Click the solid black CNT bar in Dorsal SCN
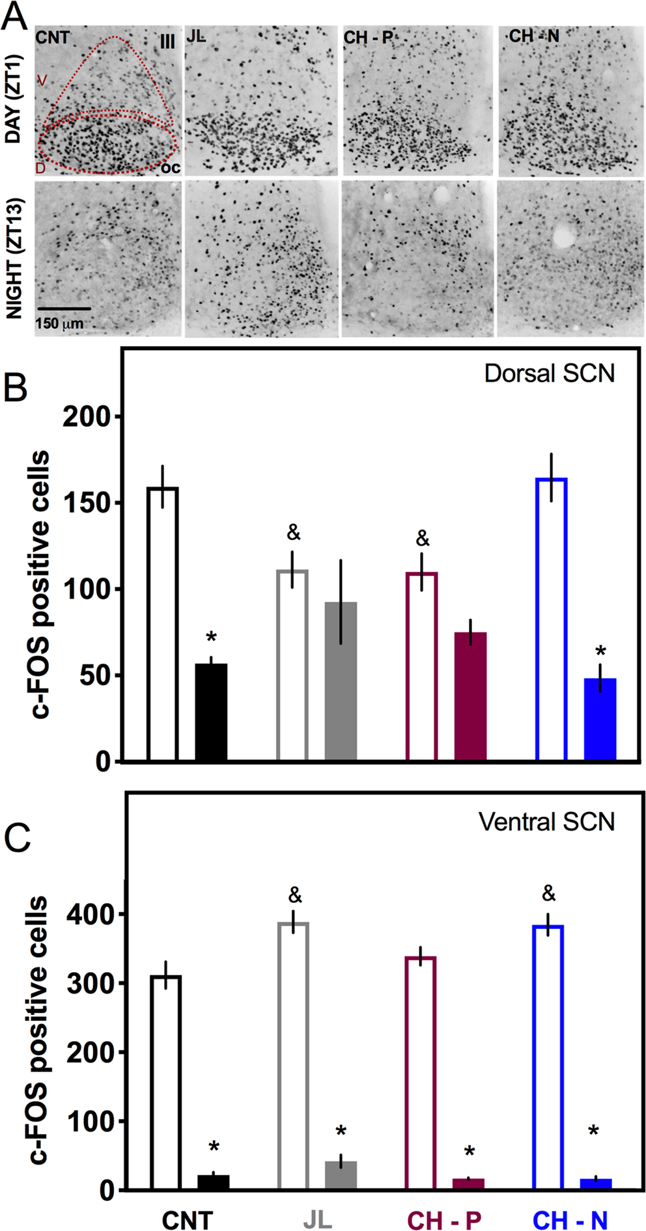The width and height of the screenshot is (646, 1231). point(212,712)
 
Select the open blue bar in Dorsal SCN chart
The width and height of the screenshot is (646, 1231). point(551,618)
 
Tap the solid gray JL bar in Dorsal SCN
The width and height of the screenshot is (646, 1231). point(341,681)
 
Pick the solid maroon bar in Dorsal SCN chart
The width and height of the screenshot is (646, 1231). point(470,696)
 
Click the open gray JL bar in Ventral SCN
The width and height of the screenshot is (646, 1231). point(293,1055)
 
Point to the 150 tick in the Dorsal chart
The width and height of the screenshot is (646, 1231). point(90,503)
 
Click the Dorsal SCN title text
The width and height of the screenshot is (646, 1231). point(549,373)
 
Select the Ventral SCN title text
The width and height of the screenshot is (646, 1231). point(546,822)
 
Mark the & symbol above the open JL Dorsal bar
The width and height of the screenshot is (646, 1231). point(294,533)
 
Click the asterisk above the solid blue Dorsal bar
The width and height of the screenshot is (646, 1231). point(600,652)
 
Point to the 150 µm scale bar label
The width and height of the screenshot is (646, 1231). point(59,323)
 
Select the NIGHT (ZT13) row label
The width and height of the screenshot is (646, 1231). point(14,258)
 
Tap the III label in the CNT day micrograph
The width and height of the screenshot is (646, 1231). point(167,42)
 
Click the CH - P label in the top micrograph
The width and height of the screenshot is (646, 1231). point(368,38)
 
